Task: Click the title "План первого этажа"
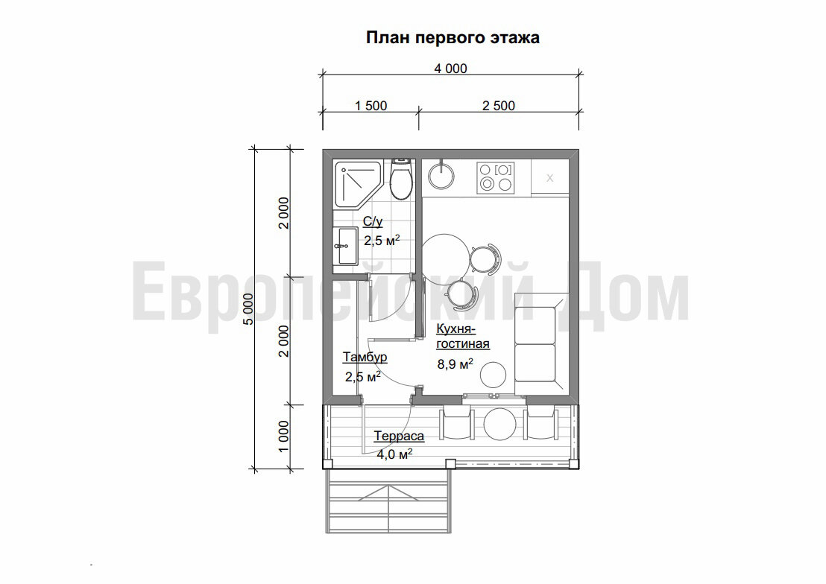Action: [452, 37]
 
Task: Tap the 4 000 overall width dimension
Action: [450, 69]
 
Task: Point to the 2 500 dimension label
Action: [499, 106]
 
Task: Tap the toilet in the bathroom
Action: [402, 180]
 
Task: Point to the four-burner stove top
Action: [496, 177]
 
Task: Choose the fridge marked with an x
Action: [549, 177]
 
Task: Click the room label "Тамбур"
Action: [365, 358]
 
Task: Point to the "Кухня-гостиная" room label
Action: [462, 337]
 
